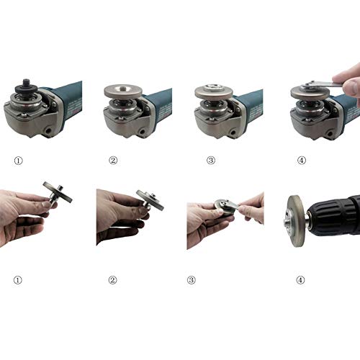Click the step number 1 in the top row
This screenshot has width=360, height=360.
[18, 161]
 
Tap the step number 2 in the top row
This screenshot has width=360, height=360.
[113, 160]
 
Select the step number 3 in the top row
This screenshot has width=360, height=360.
[211, 160]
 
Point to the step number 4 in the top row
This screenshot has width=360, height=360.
[302, 160]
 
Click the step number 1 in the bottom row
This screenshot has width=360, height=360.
[17, 280]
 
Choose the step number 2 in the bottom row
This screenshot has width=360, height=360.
[112, 280]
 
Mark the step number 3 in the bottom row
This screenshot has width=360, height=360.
[191, 280]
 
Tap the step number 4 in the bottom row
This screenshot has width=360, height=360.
[300, 280]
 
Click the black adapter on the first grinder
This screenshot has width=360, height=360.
[26, 88]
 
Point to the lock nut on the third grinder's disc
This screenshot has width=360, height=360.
[214, 88]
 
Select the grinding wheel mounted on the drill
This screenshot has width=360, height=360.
[295, 221]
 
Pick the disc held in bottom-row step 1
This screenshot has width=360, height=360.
[58, 192]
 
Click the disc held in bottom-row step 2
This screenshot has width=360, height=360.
[150, 199]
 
